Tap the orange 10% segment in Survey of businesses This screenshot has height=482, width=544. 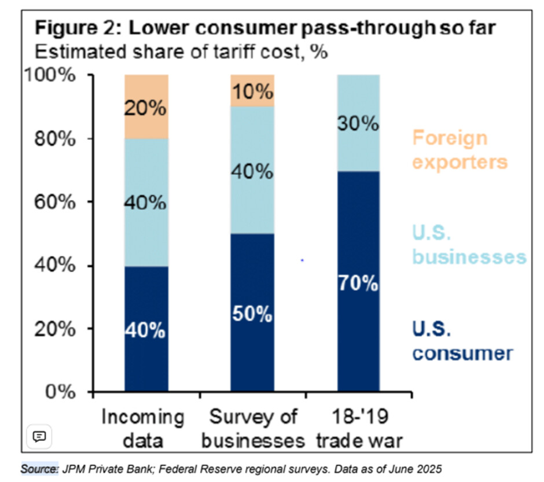pos(252,91)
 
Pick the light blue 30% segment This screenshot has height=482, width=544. pos(359,123)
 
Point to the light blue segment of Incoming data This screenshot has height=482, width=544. pos(146,203)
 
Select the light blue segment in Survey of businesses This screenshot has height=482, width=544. pos(252,171)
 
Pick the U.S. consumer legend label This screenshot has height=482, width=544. pos(462,341)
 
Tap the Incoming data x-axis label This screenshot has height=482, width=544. pos(142,428)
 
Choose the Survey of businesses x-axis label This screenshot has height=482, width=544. pos(253,428)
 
